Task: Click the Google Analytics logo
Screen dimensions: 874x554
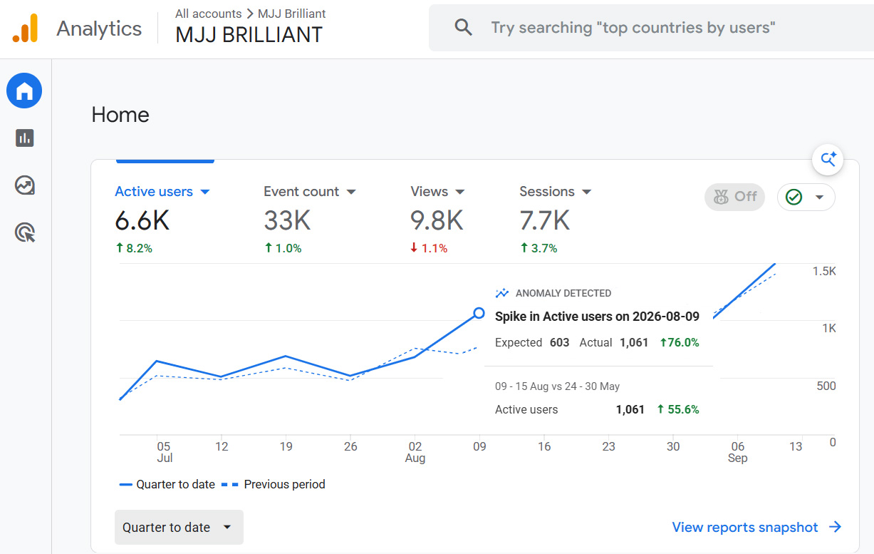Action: pos(25,28)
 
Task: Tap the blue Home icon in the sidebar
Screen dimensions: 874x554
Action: pos(24,91)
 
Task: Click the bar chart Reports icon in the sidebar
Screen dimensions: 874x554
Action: pos(25,138)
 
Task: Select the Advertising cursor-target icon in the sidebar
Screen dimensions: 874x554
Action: pos(25,232)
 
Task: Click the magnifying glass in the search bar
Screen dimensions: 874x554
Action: pos(463,28)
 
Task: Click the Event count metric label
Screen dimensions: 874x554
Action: pos(301,191)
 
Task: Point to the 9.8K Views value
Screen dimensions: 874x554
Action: pos(437,220)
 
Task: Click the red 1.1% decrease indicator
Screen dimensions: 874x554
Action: pos(429,248)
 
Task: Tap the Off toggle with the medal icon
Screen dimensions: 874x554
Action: pos(734,197)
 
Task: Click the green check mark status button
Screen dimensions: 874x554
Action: pos(806,197)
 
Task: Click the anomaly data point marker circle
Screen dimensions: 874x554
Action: pos(479,313)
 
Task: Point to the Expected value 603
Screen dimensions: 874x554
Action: pos(559,343)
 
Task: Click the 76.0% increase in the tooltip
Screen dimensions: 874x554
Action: pos(680,343)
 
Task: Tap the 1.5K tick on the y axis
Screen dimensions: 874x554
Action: pos(824,271)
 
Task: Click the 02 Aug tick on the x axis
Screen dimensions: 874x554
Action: pos(415,452)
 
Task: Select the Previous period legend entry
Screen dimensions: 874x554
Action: pos(273,484)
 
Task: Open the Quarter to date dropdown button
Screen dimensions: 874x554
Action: pos(179,527)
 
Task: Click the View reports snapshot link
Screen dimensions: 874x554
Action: pos(756,527)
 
